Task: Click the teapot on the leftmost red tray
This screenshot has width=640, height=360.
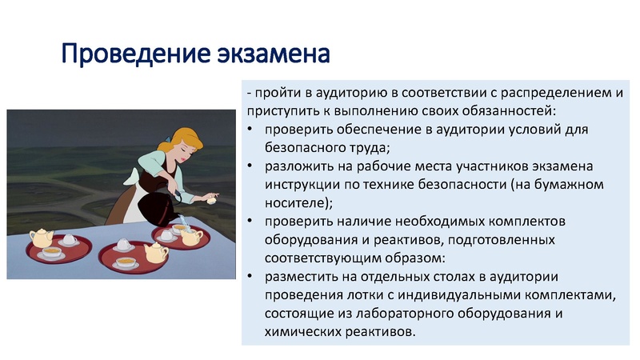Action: click(41, 238)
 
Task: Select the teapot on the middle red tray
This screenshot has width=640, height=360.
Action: click(155, 254)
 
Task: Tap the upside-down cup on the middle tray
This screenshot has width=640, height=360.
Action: click(124, 243)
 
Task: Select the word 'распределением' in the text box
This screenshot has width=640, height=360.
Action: click(557, 93)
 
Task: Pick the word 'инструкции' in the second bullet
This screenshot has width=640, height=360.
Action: click(301, 184)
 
